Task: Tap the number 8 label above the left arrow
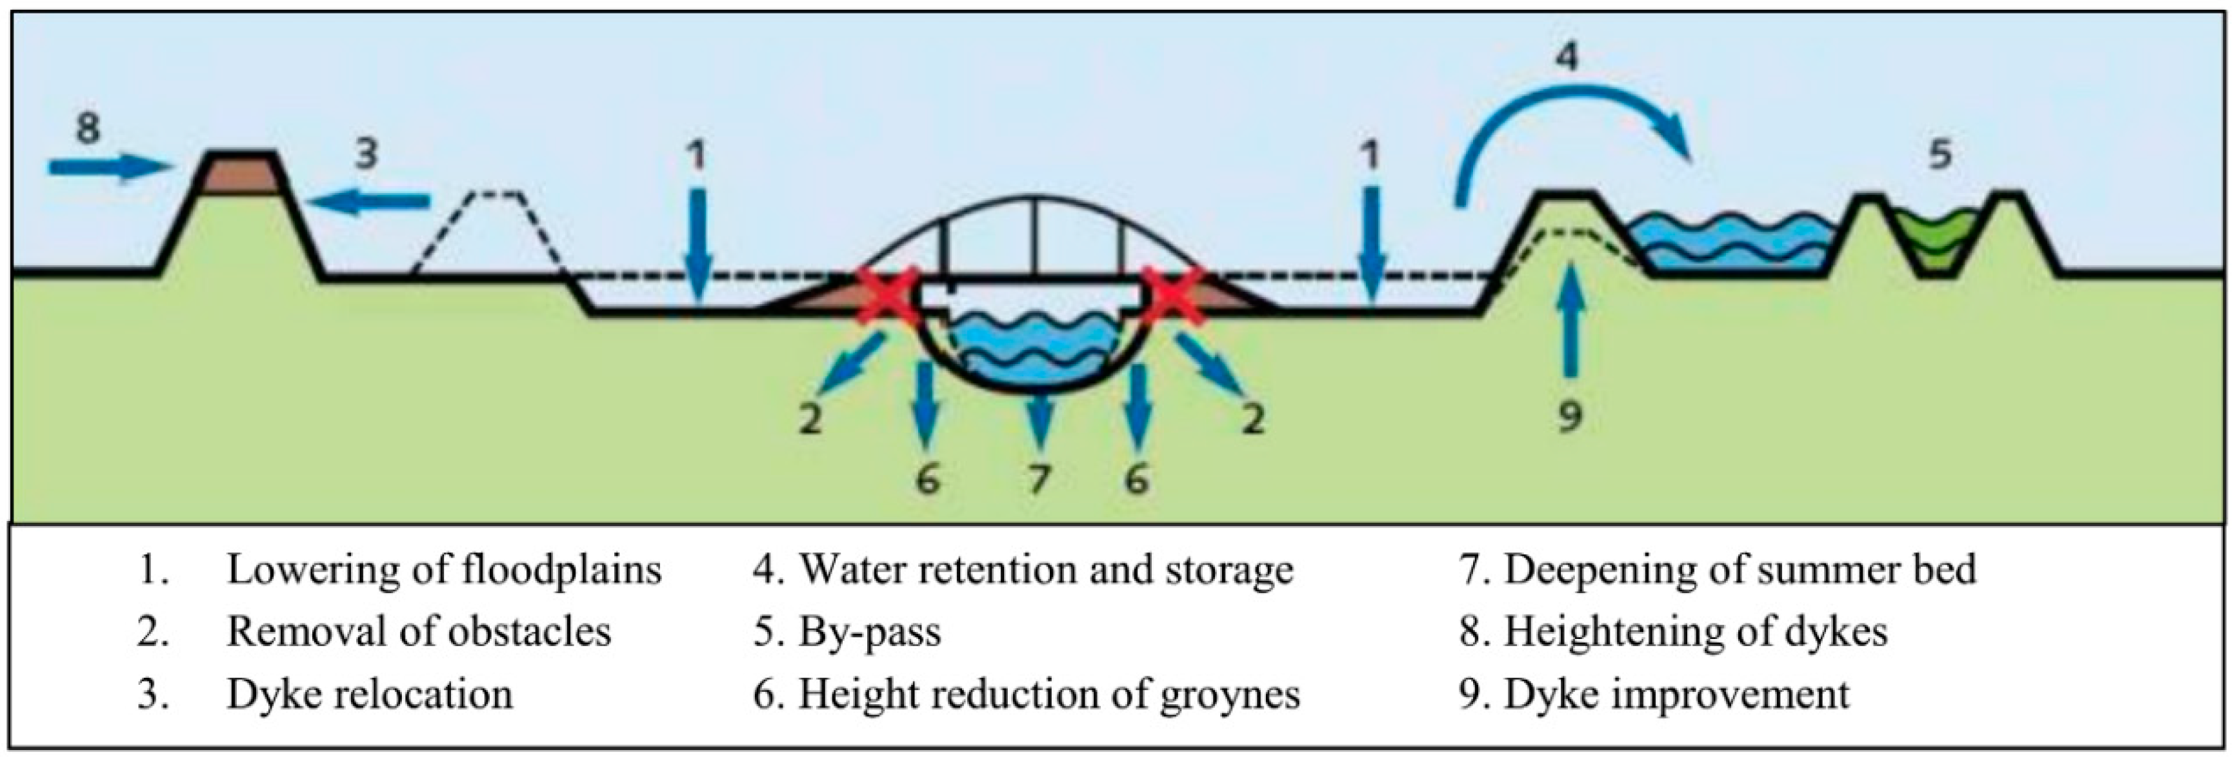[88, 128]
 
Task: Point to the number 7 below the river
[1039, 478]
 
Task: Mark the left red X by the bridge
[887, 296]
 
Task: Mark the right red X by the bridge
[1172, 296]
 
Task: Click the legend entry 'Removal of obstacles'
[419, 631]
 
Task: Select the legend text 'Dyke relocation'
[369, 694]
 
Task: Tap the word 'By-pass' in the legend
[869, 631]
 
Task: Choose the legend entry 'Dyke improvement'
[1677, 694]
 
